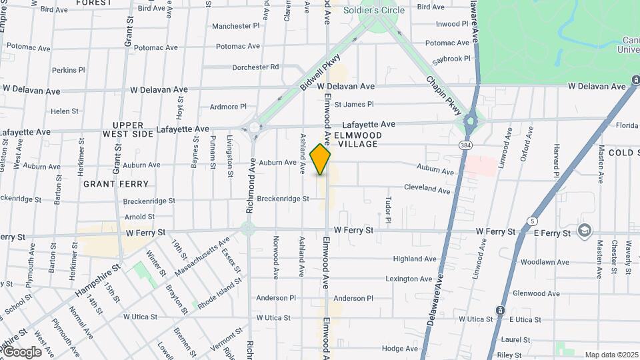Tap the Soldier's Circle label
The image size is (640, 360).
(x=374, y=10)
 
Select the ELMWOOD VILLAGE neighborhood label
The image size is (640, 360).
(x=358, y=139)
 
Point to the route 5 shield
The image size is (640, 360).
(x=532, y=221)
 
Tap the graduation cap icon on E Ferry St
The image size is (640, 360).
(x=585, y=230)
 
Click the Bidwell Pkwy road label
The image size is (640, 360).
(x=320, y=73)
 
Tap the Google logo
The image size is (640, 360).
(x=22, y=352)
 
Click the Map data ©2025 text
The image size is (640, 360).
(x=611, y=355)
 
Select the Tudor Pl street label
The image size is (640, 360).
(x=387, y=209)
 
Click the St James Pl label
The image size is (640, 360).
(x=354, y=104)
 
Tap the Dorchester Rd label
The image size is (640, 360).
(x=255, y=67)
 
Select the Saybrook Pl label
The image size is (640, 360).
(x=451, y=59)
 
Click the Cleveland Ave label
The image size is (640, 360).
(x=427, y=189)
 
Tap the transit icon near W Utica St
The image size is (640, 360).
(x=500, y=311)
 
